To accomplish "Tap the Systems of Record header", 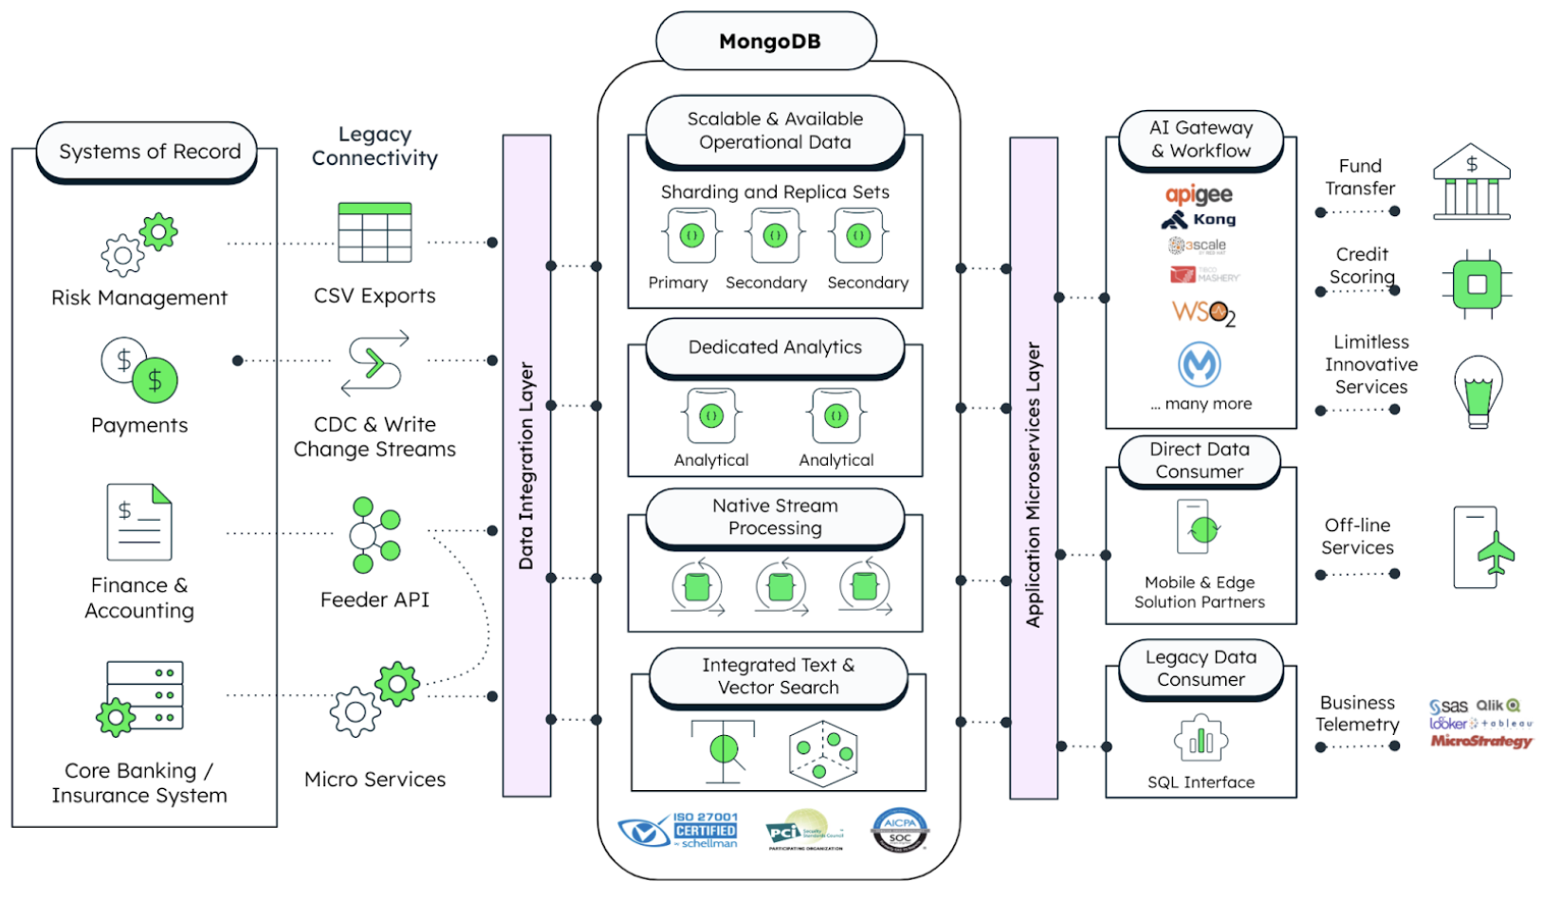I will tap(149, 152).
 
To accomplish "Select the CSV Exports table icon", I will tap(375, 232).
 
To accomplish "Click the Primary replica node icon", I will tap(691, 235).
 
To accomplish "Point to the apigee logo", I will tap(1199, 194).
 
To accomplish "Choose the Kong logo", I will tap(1199, 220).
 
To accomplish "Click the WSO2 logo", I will tap(1202, 312).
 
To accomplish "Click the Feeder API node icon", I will tap(375, 535).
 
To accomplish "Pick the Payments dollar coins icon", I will tap(140, 370).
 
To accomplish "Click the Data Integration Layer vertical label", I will tap(526, 465).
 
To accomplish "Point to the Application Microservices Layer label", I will tap(1033, 484).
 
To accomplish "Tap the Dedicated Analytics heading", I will tap(775, 347).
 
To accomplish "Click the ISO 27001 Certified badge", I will tap(679, 830).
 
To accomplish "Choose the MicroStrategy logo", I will tap(1480, 741).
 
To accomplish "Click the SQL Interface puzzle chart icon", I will tap(1201, 739).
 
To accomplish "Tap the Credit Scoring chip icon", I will tap(1477, 285).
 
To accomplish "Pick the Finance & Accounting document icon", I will tap(139, 522).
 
